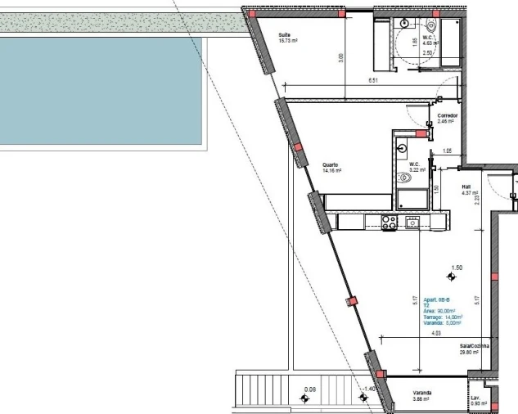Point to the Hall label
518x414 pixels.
466,187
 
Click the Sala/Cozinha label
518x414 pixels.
475,346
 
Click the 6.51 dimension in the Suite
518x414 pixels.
373,81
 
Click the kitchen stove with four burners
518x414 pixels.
389,220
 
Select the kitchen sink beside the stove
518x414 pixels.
412,220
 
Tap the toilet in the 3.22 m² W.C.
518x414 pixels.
403,177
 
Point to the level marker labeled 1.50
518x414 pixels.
450,277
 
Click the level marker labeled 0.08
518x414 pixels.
306,398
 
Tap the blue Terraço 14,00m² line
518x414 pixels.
443,316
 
